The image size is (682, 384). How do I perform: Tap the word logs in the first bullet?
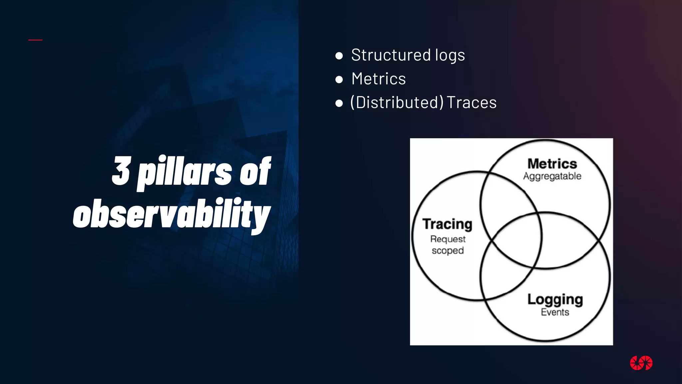[450, 56]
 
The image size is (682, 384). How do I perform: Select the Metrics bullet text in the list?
[379, 79]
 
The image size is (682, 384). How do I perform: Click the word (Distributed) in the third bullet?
[397, 102]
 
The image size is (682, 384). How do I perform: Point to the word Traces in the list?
[472, 102]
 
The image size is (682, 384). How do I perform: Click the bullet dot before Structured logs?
[339, 56]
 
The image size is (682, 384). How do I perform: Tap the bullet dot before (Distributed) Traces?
[339, 103]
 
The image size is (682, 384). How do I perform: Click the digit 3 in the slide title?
[121, 171]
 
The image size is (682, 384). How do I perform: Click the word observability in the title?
[172, 214]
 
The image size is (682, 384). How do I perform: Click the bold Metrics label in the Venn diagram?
[552, 164]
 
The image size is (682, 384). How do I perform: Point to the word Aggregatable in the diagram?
[552, 176]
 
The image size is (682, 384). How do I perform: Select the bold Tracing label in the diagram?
[447, 224]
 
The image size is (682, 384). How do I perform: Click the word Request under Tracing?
[448, 239]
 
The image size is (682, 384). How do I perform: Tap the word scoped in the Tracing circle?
[448, 250]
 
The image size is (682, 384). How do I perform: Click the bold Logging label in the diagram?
[555, 300]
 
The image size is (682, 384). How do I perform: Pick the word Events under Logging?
[555, 312]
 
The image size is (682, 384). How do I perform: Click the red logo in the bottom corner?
[641, 363]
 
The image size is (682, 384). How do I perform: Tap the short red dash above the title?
[35, 40]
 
